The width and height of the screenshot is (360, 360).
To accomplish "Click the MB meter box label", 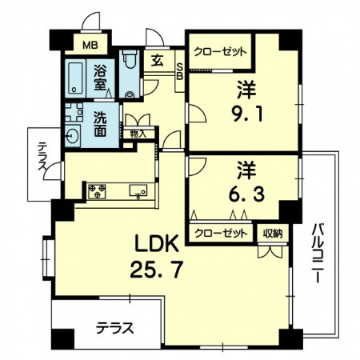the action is click(90, 45).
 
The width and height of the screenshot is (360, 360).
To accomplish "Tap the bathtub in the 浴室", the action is click(75, 78).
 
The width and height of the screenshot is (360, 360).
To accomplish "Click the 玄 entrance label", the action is click(158, 61).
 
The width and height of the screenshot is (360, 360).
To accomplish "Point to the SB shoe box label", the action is click(180, 71).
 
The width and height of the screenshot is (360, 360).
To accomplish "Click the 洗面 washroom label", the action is click(100, 123).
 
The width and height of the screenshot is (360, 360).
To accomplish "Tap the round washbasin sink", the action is click(72, 137).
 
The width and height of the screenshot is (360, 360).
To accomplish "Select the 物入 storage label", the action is click(138, 134).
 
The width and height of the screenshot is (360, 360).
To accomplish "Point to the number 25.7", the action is click(156, 270).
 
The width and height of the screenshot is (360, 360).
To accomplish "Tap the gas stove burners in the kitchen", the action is click(97, 191).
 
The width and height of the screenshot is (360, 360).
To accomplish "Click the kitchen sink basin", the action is click(138, 191).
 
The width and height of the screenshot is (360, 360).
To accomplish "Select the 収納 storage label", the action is click(273, 234).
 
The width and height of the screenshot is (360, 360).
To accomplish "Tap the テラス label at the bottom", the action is click(114, 328).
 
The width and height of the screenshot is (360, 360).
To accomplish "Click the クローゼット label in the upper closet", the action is click(220, 51).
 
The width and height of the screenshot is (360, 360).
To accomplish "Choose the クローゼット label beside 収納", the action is click(221, 234).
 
